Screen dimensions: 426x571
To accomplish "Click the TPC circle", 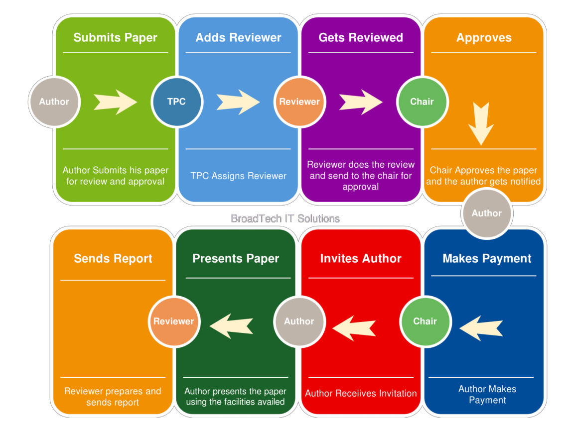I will (x=176, y=102).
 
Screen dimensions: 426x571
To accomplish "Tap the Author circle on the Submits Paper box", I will (x=54, y=102).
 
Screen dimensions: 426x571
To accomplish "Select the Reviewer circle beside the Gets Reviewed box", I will (x=299, y=102).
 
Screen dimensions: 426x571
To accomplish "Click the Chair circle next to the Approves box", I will (x=422, y=102).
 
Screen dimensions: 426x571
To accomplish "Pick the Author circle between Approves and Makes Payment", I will (x=486, y=213).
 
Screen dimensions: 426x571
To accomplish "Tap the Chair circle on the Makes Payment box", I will (x=425, y=321).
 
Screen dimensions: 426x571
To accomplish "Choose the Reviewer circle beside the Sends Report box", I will (x=173, y=321).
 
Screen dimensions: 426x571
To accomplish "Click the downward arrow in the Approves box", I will (x=481, y=123).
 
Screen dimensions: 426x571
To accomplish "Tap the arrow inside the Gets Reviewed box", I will (x=361, y=102).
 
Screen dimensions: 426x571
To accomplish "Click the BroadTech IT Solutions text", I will (x=285, y=218).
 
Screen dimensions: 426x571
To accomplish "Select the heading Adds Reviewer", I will (x=238, y=38).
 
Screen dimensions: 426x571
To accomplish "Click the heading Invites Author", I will (x=361, y=259).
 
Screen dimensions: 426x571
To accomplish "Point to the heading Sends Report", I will (x=113, y=259).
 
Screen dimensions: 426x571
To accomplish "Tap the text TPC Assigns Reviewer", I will (x=238, y=176).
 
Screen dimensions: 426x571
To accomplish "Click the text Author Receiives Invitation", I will (x=361, y=393).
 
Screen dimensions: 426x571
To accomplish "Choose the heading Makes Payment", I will (x=487, y=259).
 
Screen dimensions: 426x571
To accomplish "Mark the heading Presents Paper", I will (x=236, y=259).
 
